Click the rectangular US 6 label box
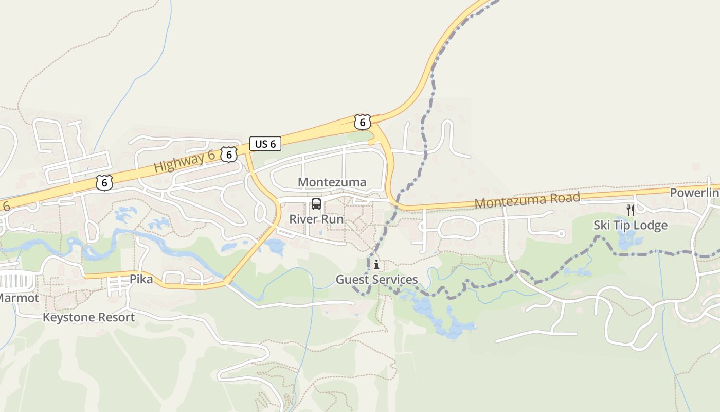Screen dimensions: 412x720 pyautogui.click(x=265, y=144)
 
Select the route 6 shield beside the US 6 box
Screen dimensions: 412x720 pyautogui.click(x=229, y=154)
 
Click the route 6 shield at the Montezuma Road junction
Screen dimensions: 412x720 pyautogui.click(x=363, y=122)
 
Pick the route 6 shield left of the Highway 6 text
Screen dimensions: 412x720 pyautogui.click(x=104, y=183)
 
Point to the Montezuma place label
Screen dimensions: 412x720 pyautogui.click(x=332, y=182)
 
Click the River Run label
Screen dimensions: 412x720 pyautogui.click(x=316, y=219)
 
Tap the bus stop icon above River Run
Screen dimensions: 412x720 pyautogui.click(x=316, y=204)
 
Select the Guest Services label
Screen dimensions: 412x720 pyautogui.click(x=376, y=280)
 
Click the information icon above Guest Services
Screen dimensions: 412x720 pyautogui.click(x=376, y=265)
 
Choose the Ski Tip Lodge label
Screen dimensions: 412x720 pyautogui.click(x=630, y=225)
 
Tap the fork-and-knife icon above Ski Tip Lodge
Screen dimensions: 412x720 pyautogui.click(x=630, y=210)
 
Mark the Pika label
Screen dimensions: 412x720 pyautogui.click(x=141, y=279)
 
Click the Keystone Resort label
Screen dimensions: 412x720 pyautogui.click(x=88, y=317)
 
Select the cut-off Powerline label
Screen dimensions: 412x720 pyautogui.click(x=694, y=193)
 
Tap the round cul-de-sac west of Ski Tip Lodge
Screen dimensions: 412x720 pyautogui.click(x=561, y=234)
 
